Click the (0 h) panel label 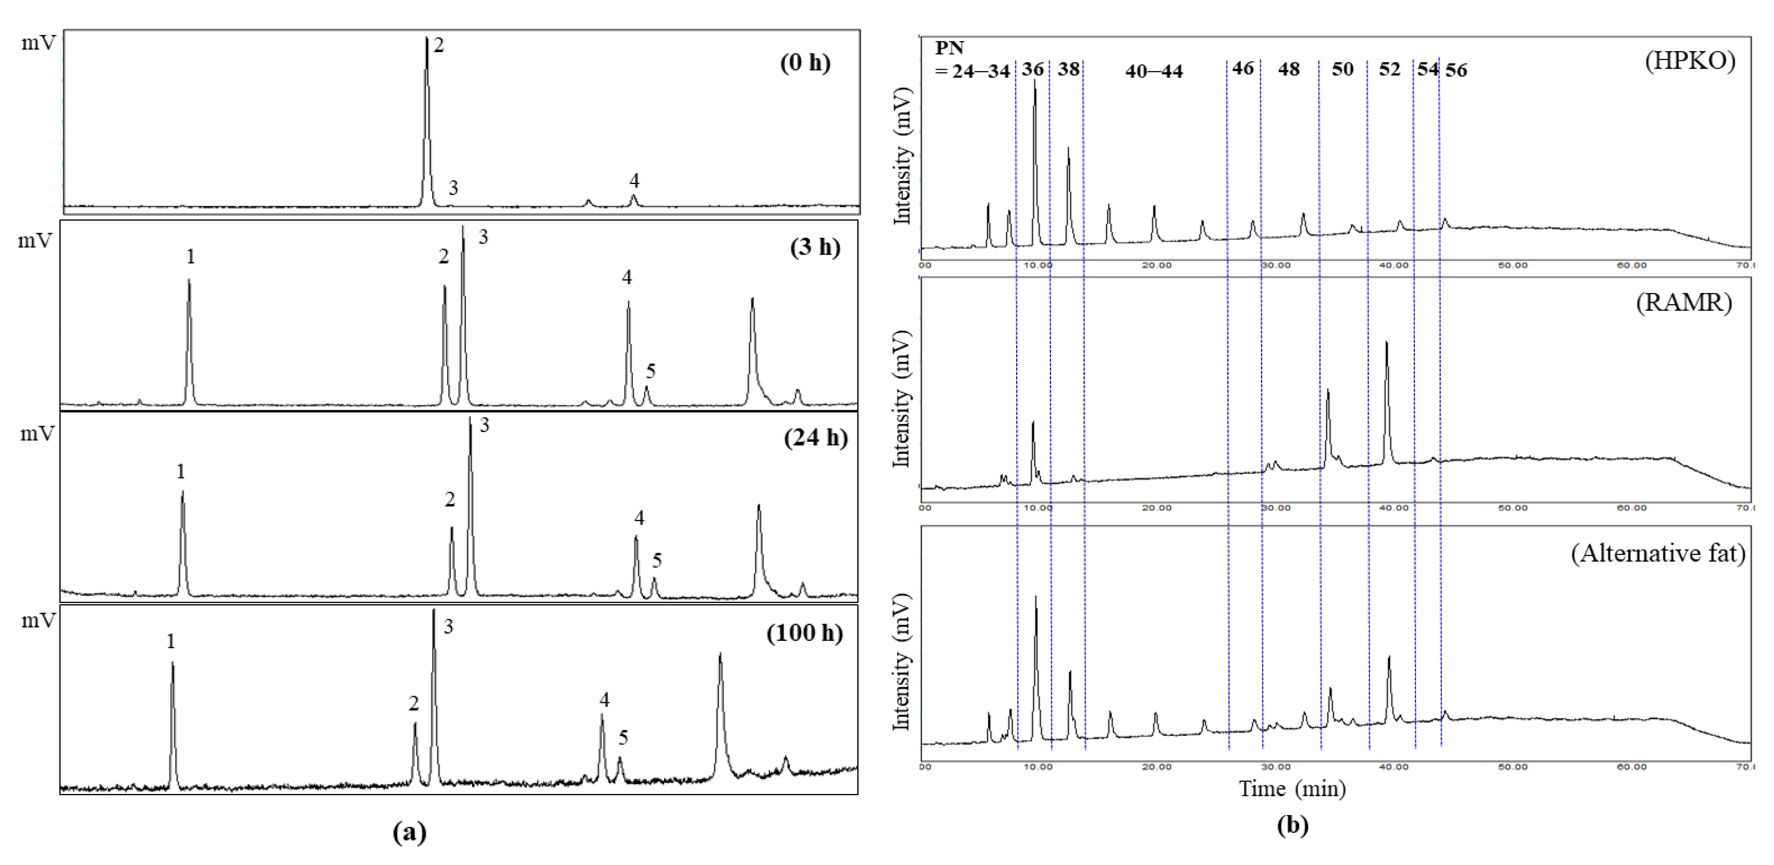click(x=805, y=63)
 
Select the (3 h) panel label click(x=815, y=247)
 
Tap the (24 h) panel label click(x=816, y=438)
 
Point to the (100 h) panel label click(x=805, y=633)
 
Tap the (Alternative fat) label click(x=1657, y=553)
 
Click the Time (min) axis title click(x=1292, y=789)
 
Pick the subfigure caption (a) click(x=409, y=833)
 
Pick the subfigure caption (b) click(x=1292, y=826)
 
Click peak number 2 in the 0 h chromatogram click(x=439, y=45)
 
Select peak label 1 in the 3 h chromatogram click(x=191, y=257)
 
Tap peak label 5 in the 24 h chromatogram click(x=657, y=560)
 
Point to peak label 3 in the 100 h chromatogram click(x=448, y=626)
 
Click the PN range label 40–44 click(x=1153, y=71)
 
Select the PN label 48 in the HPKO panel click(x=1289, y=69)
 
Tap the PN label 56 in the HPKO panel click(x=1456, y=70)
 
